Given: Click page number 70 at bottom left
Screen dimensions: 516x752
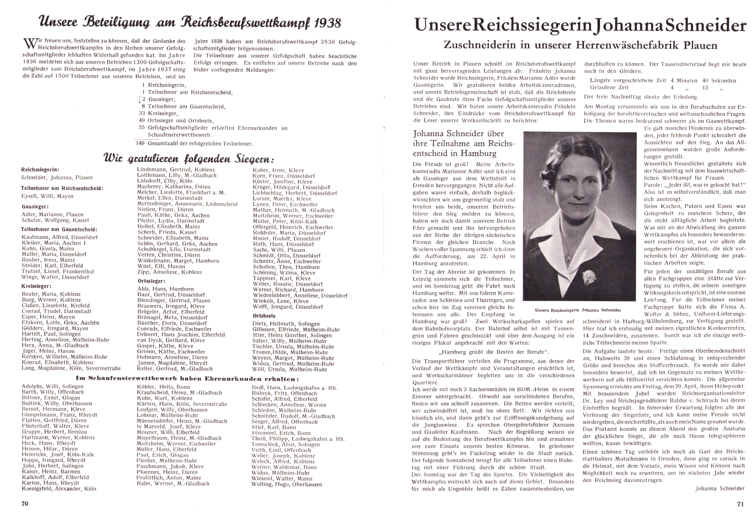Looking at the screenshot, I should (x=25, y=503).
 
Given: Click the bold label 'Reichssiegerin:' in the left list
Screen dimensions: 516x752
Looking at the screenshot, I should (x=40, y=170).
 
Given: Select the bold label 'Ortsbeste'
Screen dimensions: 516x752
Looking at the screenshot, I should (x=266, y=316).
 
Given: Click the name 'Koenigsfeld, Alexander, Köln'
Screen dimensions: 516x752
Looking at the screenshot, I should (x=58, y=488).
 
